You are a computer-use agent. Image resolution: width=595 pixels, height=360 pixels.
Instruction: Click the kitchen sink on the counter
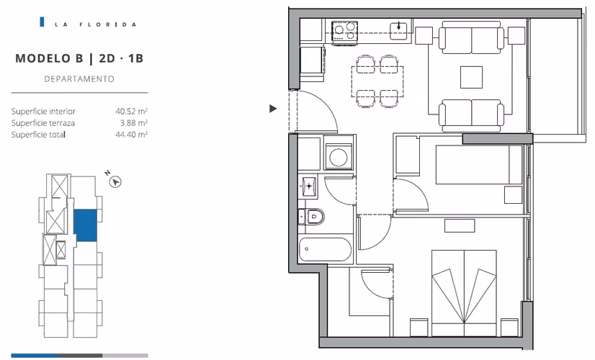(x=398, y=31)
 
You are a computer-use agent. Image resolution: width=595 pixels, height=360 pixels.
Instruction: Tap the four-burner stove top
(x=344, y=31)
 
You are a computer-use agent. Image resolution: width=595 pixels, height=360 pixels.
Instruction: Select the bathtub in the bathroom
(x=325, y=250)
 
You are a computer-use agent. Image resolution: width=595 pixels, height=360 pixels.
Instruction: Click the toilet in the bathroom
(x=311, y=217)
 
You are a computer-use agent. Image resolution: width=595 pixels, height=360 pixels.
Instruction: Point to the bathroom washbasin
(x=308, y=186)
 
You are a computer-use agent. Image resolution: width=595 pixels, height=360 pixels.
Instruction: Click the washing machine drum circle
(x=338, y=157)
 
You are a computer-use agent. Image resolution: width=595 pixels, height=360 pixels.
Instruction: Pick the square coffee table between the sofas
(x=471, y=77)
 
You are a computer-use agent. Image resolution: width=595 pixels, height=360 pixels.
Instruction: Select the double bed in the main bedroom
(x=464, y=292)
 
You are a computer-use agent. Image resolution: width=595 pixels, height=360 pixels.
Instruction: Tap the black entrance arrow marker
(x=273, y=109)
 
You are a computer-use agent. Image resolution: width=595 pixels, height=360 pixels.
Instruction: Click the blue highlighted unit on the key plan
(x=86, y=225)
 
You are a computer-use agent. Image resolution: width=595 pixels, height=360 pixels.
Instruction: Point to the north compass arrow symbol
(x=116, y=182)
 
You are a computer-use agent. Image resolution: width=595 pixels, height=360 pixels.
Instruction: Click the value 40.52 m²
(x=131, y=111)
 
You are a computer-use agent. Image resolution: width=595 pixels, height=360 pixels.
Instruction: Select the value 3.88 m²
(x=133, y=123)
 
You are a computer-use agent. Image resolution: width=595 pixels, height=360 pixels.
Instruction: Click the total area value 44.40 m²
(x=131, y=135)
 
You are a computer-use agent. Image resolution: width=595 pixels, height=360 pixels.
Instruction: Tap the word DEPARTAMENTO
(x=79, y=79)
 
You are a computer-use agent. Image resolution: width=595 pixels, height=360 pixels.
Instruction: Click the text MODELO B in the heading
(x=49, y=58)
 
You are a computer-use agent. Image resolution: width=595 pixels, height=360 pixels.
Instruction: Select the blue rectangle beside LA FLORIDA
(x=42, y=22)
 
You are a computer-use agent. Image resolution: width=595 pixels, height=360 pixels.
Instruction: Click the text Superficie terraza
(x=43, y=123)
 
